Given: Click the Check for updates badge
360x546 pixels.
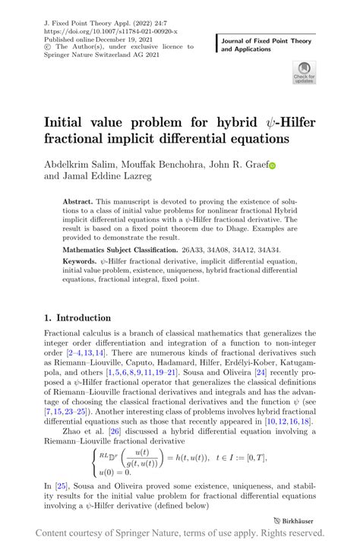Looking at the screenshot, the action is tap(304, 71).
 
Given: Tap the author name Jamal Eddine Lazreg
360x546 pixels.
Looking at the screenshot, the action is tap(109, 177).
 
